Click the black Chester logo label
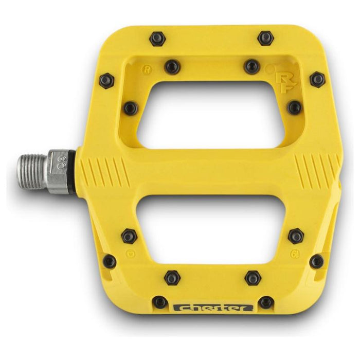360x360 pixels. pyautogui.click(x=213, y=309)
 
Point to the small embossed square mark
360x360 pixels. pyautogui.click(x=134, y=254)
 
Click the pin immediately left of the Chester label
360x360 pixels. pyautogui.click(x=160, y=302)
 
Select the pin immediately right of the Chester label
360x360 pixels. pyautogui.click(x=265, y=302)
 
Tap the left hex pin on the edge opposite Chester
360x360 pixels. pyautogui.click(x=157, y=38)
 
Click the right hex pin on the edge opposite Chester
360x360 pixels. pyautogui.click(x=265, y=38)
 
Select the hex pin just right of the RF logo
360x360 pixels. pyautogui.click(x=317, y=79)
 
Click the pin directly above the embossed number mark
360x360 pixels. pyautogui.click(x=296, y=236)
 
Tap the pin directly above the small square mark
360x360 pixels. pyautogui.click(x=128, y=237)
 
